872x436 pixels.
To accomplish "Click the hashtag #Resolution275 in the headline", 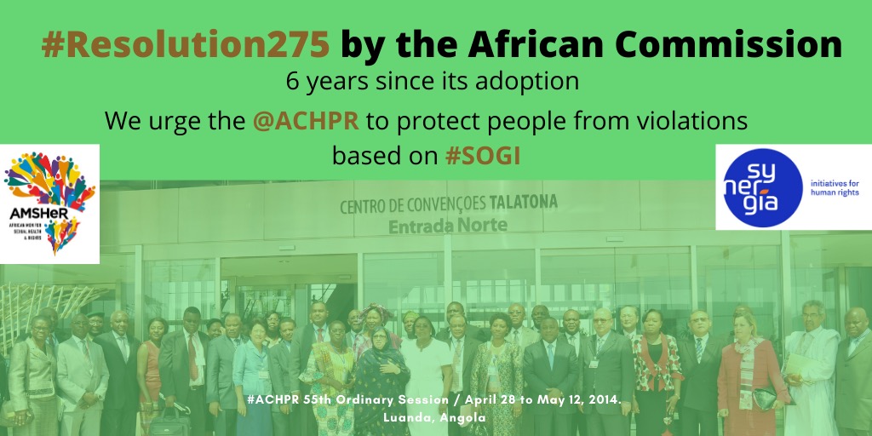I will [186, 44].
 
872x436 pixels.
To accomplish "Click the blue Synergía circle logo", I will [760, 187].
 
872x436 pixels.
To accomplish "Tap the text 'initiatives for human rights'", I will [834, 187].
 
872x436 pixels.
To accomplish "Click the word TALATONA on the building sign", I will [524, 203].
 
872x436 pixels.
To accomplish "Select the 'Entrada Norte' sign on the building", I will [447, 225].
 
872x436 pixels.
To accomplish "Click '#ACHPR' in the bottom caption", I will [272, 399].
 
